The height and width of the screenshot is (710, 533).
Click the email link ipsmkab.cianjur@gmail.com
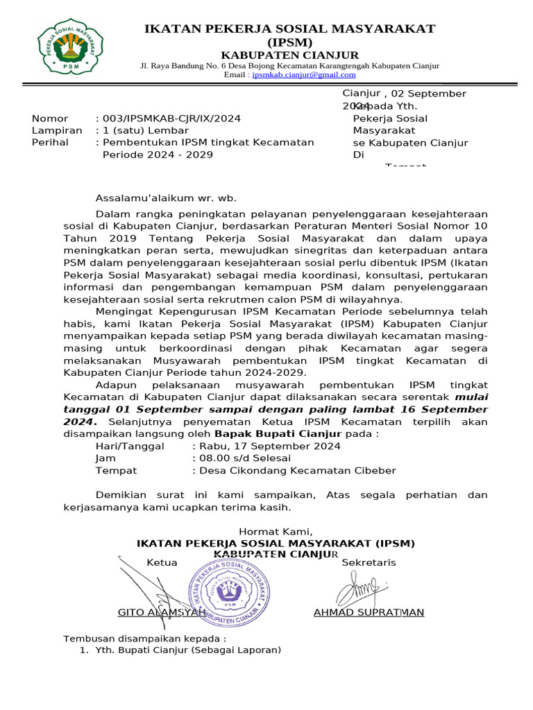[303, 75]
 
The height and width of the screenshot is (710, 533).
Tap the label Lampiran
[57, 130]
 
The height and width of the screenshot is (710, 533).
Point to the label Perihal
[51, 142]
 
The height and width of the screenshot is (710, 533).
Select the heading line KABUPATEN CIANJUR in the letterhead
[289, 55]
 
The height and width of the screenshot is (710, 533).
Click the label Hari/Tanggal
[130, 446]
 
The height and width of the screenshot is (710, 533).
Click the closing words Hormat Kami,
[276, 532]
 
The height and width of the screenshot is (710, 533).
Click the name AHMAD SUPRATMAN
[369, 612]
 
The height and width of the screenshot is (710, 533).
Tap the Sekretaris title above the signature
[369, 562]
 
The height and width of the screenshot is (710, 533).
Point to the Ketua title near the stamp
[162, 562]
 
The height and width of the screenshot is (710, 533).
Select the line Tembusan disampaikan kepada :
[145, 639]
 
